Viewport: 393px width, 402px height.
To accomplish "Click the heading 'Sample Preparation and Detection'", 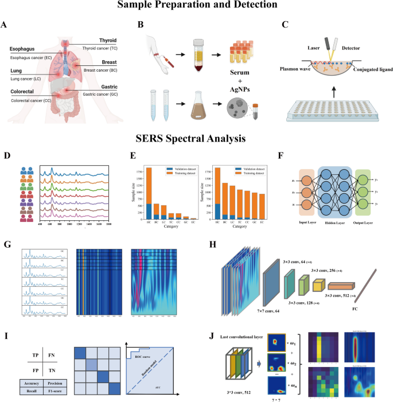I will click(x=196, y=6).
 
